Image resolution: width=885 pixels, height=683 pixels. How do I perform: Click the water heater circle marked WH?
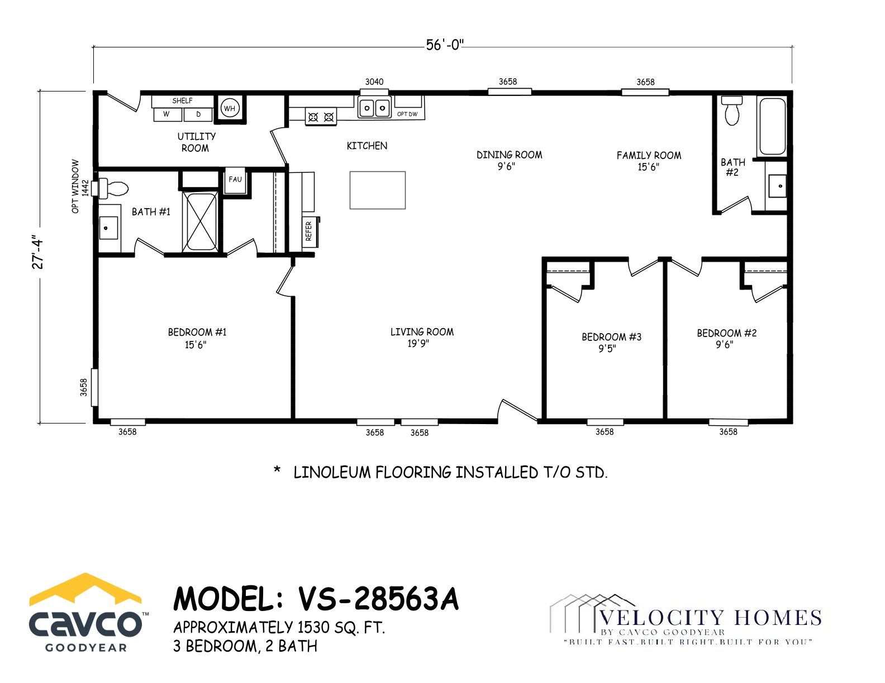pyautogui.click(x=230, y=108)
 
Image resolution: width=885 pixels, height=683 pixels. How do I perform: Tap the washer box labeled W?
pyautogui.click(x=168, y=114)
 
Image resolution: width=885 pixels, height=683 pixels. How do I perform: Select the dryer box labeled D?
pyautogui.click(x=198, y=114)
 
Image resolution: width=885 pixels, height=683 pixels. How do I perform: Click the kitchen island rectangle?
pyautogui.click(x=377, y=190)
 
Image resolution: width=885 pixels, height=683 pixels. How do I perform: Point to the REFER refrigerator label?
pyautogui.click(x=308, y=231)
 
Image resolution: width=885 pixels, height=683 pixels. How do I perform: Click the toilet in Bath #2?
pyautogui.click(x=732, y=110)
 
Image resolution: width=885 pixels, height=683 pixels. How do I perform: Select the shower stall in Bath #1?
pyautogui.click(x=200, y=222)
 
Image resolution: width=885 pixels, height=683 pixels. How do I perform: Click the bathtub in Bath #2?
pyautogui.click(x=772, y=126)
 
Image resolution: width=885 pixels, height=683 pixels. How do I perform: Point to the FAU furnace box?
pyautogui.click(x=235, y=181)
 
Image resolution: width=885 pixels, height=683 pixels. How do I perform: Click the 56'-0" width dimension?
pyautogui.click(x=445, y=45)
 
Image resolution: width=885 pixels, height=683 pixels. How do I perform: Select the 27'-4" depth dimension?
pyautogui.click(x=37, y=252)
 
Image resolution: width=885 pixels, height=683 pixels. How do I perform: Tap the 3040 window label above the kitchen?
pyautogui.click(x=374, y=82)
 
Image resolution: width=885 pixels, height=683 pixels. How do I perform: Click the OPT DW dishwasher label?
pyautogui.click(x=407, y=114)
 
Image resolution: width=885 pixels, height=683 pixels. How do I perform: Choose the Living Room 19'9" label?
pyautogui.click(x=422, y=338)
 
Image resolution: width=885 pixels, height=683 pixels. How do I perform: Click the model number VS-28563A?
pyautogui.click(x=379, y=599)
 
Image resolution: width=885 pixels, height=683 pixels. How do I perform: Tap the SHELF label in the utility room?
pyautogui.click(x=182, y=101)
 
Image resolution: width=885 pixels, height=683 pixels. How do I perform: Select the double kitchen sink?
pyautogui.click(x=374, y=108)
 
